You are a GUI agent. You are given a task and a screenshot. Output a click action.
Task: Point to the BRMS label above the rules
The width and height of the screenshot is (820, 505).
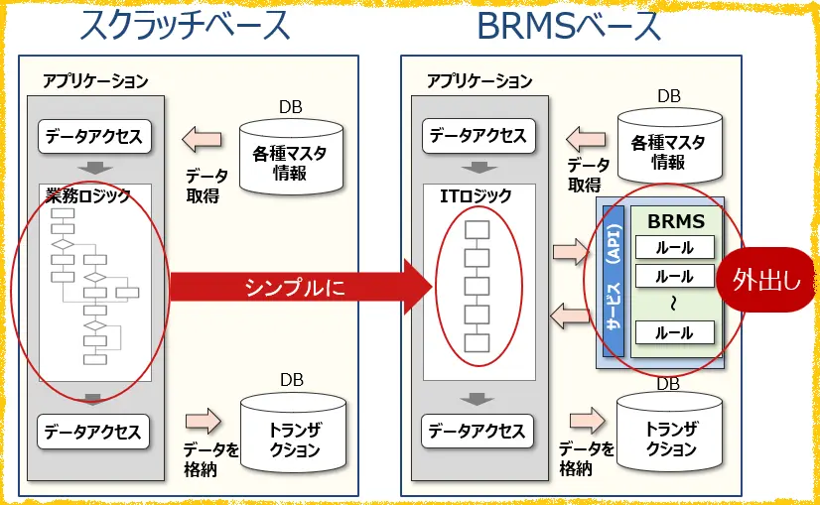point(675,221)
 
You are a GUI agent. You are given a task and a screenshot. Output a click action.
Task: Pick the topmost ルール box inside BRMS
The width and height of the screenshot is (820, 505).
point(675,248)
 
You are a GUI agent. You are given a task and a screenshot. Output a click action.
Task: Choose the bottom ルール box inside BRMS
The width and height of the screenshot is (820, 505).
point(675,333)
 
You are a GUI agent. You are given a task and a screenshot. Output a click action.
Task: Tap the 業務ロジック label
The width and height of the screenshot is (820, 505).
point(88,195)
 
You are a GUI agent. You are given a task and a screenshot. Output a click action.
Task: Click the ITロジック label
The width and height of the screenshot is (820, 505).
point(476,195)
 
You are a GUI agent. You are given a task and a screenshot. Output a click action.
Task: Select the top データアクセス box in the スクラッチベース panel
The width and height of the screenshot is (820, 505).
point(93,136)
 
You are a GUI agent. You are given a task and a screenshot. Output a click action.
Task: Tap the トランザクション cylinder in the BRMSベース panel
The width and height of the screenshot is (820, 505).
point(671,437)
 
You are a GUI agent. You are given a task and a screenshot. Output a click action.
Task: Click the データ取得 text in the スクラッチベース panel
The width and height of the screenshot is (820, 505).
point(206,186)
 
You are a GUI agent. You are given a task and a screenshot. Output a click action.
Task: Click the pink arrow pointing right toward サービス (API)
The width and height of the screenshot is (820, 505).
point(571,251)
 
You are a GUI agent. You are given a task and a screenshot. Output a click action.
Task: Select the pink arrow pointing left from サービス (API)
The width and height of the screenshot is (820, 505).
point(571,316)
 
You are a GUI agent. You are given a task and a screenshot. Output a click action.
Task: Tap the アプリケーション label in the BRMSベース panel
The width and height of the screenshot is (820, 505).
point(479,81)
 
